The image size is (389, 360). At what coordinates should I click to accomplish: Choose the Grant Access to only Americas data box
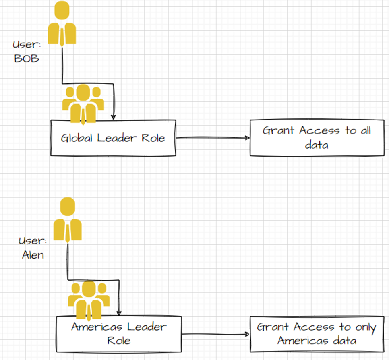316,334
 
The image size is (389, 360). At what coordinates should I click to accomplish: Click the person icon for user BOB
62,23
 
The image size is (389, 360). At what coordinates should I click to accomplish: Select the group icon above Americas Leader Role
88,300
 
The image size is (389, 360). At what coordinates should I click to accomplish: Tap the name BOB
26,58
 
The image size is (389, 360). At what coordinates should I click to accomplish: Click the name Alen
33,255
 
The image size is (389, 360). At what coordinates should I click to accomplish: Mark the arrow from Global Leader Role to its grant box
213,138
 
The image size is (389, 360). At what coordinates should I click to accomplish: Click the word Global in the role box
77,138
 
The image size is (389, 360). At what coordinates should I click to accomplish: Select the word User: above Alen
33,241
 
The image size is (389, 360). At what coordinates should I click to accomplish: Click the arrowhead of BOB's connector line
115,116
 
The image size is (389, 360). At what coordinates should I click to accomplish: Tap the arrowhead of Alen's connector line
119,312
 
